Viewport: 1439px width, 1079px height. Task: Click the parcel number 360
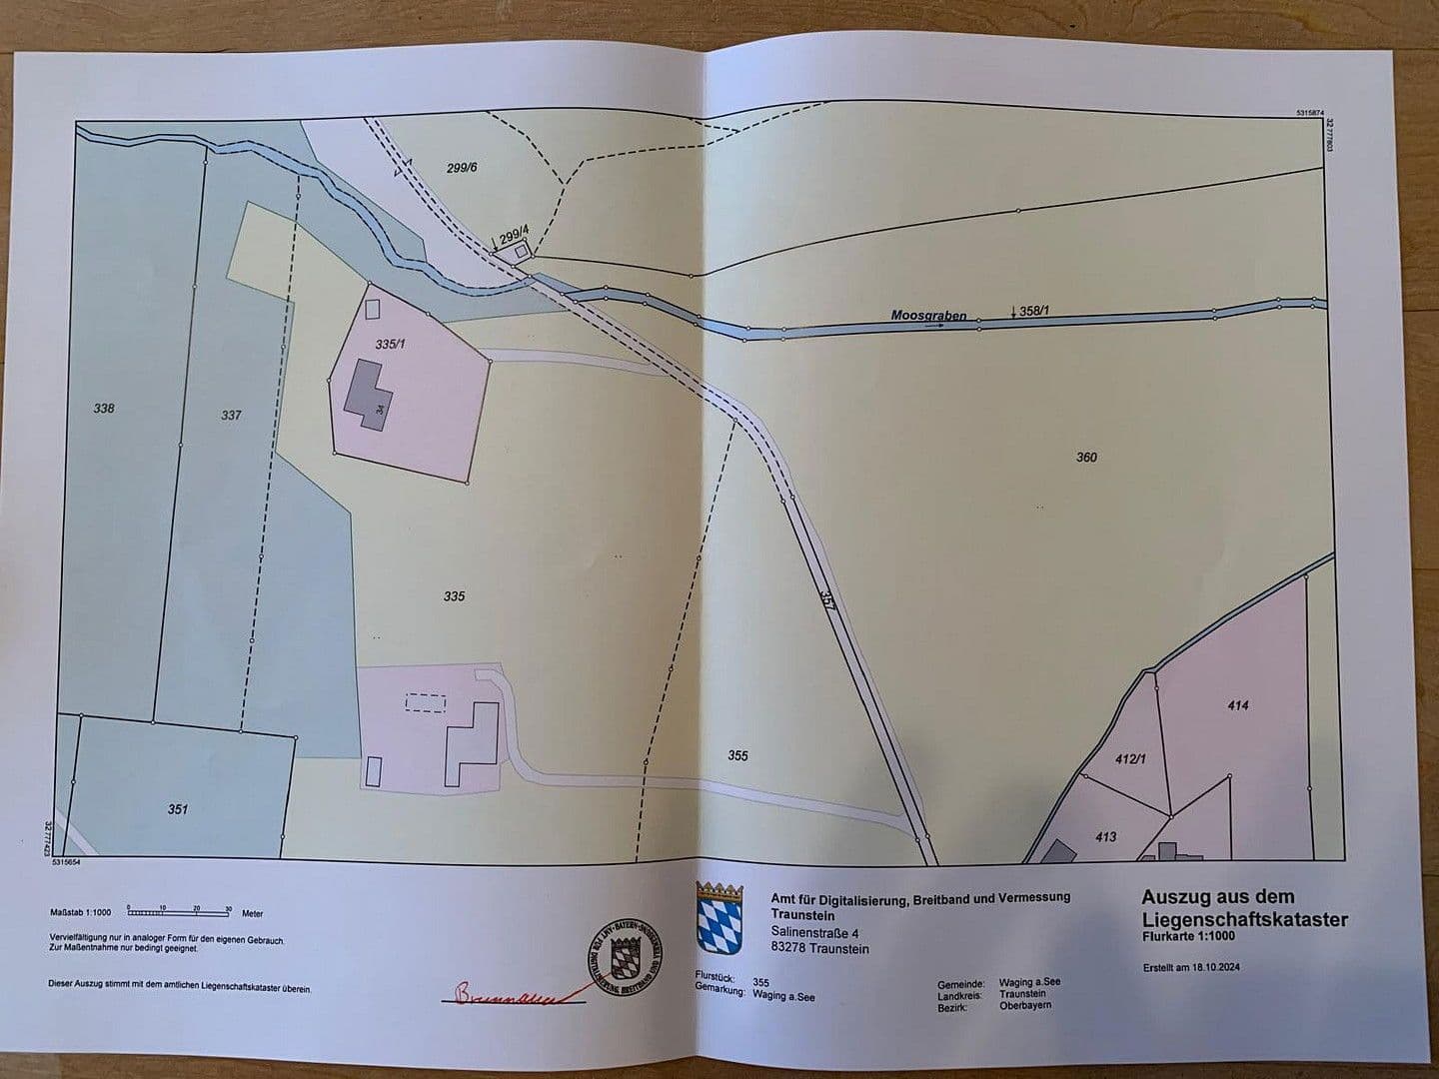[1086, 458]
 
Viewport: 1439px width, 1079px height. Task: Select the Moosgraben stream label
[928, 316]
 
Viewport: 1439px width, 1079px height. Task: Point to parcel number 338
[104, 409]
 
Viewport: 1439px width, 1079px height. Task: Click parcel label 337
[231, 415]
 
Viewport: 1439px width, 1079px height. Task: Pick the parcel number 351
[178, 810]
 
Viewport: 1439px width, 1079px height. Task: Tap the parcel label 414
[1238, 705]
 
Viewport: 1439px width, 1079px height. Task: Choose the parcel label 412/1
[1129, 759]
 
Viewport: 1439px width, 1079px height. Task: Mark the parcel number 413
[1105, 837]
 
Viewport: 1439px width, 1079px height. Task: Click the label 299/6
[463, 168]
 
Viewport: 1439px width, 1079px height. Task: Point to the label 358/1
[1034, 312]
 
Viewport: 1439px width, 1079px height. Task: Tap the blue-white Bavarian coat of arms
[715, 917]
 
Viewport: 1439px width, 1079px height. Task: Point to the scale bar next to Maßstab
[180, 912]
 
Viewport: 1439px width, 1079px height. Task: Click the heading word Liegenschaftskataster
[1244, 919]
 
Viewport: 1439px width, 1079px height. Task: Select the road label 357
[826, 599]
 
